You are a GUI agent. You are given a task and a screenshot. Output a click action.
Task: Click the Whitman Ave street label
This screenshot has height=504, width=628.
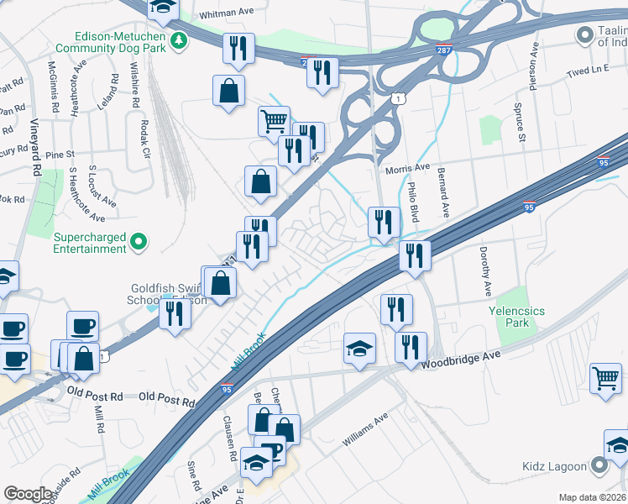point(227,15)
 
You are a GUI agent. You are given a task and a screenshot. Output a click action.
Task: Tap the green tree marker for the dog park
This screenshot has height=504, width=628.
point(178,40)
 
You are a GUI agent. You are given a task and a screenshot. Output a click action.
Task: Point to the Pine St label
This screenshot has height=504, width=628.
point(60,155)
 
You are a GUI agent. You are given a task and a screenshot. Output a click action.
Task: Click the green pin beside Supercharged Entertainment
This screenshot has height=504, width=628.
point(140,243)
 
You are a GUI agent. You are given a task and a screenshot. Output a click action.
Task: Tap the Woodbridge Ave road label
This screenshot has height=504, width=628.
point(461,360)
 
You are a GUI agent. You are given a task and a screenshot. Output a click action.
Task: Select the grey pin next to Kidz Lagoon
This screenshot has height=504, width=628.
point(599,465)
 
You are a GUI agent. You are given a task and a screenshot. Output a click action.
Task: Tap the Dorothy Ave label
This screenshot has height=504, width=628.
point(484,270)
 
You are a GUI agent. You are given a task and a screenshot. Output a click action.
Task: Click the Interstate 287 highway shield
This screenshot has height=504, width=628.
point(445,50)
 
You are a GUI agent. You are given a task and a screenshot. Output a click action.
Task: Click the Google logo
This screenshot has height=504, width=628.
point(29,494)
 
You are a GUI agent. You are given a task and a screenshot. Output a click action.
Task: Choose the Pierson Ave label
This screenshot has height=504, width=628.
point(534,67)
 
